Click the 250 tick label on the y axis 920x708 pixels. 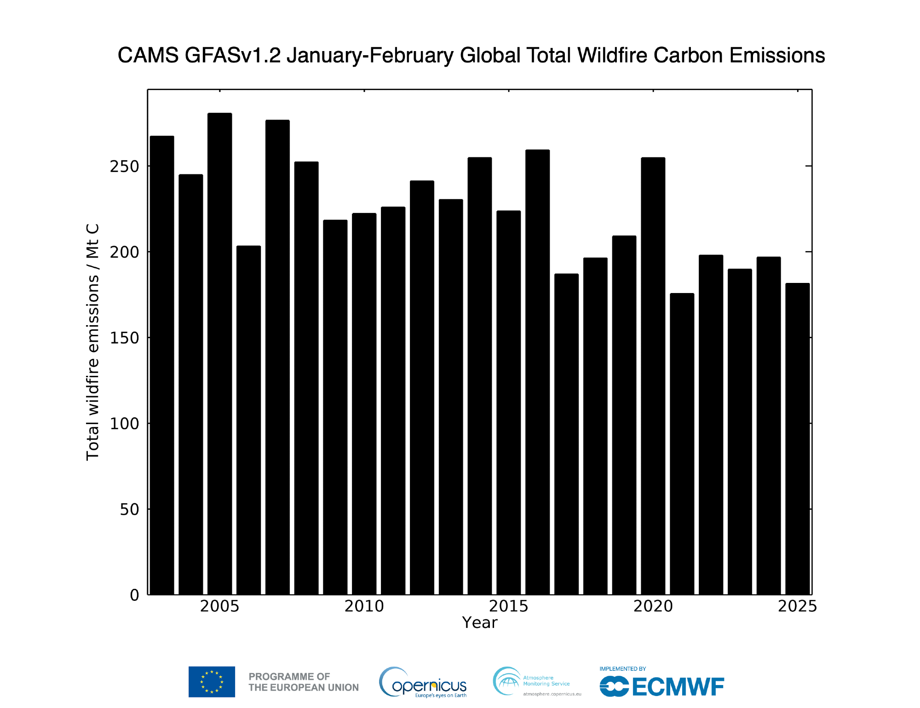pos(124,167)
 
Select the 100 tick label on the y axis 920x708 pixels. pos(124,424)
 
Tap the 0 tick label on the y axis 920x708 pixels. pos(134,595)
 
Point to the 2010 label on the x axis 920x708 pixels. pos(364,606)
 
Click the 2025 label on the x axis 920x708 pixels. pos(797,606)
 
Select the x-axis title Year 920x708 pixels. pos(479,623)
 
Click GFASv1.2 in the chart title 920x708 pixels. pos(232,55)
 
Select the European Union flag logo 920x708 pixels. pos(212,682)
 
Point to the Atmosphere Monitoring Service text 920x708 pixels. pos(546,681)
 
